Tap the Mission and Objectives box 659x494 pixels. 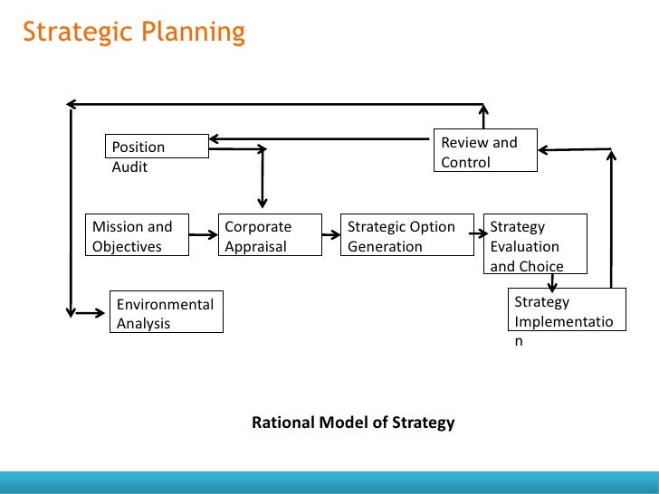[x=136, y=235]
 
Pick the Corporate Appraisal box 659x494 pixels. [x=269, y=235]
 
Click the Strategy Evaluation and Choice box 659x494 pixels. [x=535, y=244]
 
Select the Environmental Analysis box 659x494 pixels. [x=166, y=313]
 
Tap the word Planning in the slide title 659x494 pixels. [x=192, y=34]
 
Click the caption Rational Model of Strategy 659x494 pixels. [x=353, y=423]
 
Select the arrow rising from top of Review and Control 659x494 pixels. [x=485, y=116]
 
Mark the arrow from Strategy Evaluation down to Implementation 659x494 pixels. [x=550, y=281]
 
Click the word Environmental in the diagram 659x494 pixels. [x=165, y=304]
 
